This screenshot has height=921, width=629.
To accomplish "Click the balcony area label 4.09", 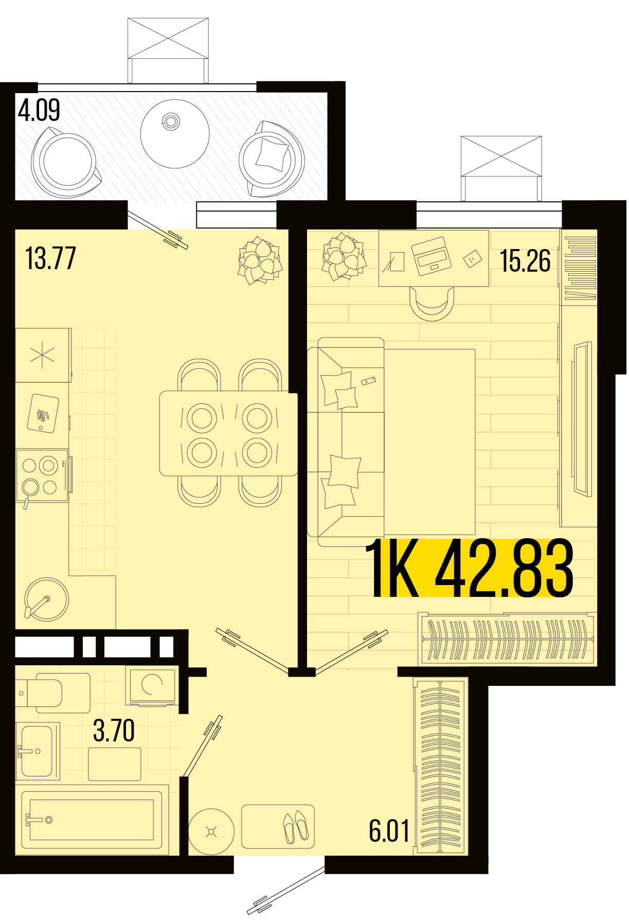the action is [39, 110].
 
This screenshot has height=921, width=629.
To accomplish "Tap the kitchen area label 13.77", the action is [50, 258].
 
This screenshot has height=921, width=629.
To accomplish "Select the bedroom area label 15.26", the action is [525, 261].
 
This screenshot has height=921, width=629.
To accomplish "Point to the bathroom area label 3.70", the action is [114, 731].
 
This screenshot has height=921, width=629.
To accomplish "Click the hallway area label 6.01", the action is [389, 831].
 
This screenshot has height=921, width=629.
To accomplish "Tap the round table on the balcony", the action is [175, 134].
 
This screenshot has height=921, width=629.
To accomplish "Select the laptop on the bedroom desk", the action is [431, 256].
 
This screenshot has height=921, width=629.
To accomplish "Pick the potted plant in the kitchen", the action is [260, 260].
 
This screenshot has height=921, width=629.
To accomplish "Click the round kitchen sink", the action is [46, 599].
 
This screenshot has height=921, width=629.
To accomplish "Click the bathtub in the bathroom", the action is [92, 820].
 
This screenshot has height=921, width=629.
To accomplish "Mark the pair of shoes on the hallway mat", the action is [296, 827].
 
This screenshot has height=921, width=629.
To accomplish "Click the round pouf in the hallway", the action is [211, 831].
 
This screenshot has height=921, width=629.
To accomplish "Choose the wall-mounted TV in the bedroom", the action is [582, 419].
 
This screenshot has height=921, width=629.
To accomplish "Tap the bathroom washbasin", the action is [37, 751].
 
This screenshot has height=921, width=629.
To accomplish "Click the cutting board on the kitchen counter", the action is [43, 413].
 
